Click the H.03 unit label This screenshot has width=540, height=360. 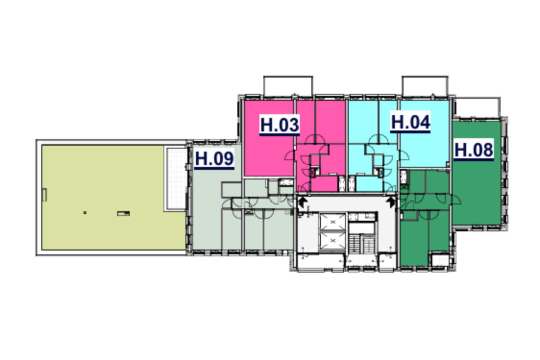[x=279, y=125]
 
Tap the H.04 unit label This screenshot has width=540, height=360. [x=410, y=122]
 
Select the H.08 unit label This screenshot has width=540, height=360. [x=474, y=149]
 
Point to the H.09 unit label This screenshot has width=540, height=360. [x=214, y=159]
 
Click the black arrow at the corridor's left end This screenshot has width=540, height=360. [x=302, y=202]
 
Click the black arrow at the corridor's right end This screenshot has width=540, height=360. [x=391, y=202]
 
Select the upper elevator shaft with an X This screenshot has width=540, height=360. [x=333, y=221]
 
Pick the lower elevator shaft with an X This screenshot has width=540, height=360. [x=333, y=240]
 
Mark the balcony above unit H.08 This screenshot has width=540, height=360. [x=477, y=108]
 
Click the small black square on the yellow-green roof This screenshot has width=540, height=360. [x=85, y=213]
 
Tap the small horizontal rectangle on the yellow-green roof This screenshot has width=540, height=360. [x=123, y=213]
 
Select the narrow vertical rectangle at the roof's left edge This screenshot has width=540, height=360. [x=45, y=195]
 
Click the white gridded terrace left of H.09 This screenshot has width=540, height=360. [x=176, y=179]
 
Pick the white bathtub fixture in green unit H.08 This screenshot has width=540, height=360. [x=404, y=177]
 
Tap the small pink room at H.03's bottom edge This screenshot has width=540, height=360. [x=324, y=184]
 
